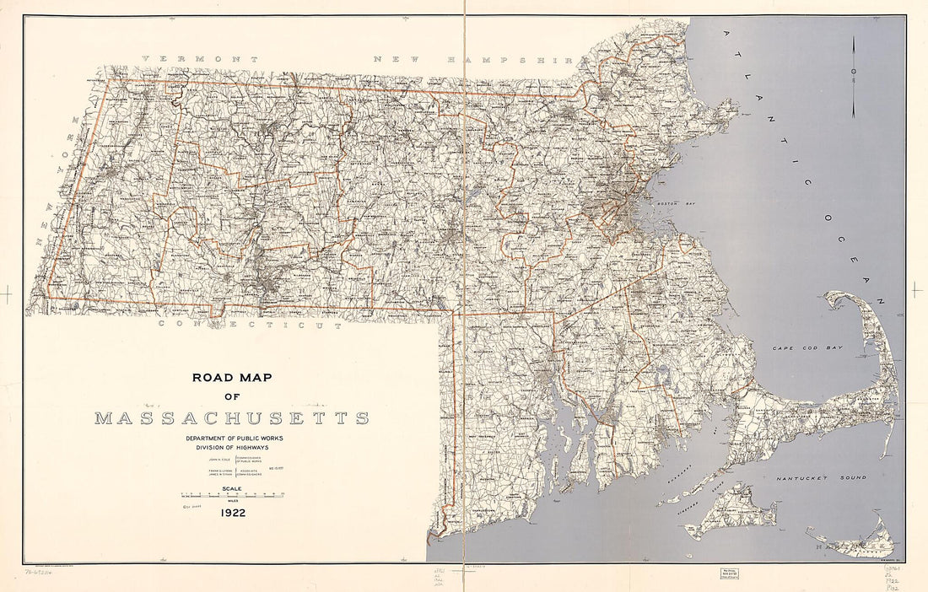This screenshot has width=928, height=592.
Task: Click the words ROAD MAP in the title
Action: click(232, 378)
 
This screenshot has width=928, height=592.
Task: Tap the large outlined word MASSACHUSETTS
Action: click(232, 418)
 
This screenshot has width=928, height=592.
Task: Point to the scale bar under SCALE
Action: click(232, 495)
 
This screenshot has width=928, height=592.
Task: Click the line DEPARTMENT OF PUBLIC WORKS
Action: click(232, 439)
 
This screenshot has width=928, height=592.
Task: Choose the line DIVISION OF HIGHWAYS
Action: click(232, 448)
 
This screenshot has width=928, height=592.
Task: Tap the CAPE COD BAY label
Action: click(803, 347)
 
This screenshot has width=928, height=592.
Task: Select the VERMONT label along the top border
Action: click(200, 60)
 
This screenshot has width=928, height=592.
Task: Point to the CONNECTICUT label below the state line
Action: click(251, 325)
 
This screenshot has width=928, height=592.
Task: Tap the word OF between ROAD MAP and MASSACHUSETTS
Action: click(232, 397)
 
